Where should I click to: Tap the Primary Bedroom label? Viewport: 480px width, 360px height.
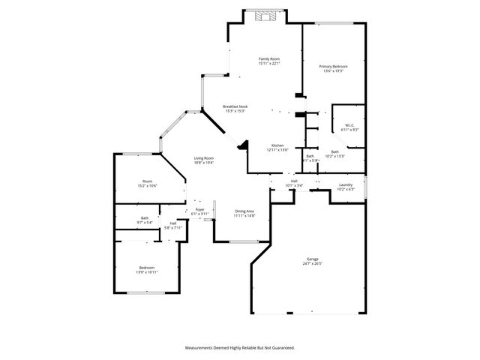coord(333,66)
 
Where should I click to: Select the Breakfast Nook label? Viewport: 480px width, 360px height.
coord(235,106)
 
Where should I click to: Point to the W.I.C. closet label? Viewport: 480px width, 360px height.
coord(349,125)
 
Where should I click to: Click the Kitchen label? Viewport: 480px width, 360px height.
coord(277,145)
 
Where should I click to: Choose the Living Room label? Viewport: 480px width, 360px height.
coord(204,157)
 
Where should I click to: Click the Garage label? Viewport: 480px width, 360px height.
coord(312,259)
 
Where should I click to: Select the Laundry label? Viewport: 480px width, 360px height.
coord(345,184)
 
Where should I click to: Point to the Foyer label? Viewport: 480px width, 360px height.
coord(200,210)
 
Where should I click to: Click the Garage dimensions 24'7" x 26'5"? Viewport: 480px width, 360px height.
coord(312,263)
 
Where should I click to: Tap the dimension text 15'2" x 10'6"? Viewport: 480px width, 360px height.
coord(148,185)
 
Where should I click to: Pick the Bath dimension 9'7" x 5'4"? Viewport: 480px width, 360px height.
coord(145,222)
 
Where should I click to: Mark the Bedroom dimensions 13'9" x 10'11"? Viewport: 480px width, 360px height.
coord(146,271)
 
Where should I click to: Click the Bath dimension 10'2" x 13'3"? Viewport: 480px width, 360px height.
coord(334,156)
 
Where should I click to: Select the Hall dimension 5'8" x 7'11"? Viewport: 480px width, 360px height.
coord(172,226)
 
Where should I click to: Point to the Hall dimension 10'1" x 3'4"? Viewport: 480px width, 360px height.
coord(295,185)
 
